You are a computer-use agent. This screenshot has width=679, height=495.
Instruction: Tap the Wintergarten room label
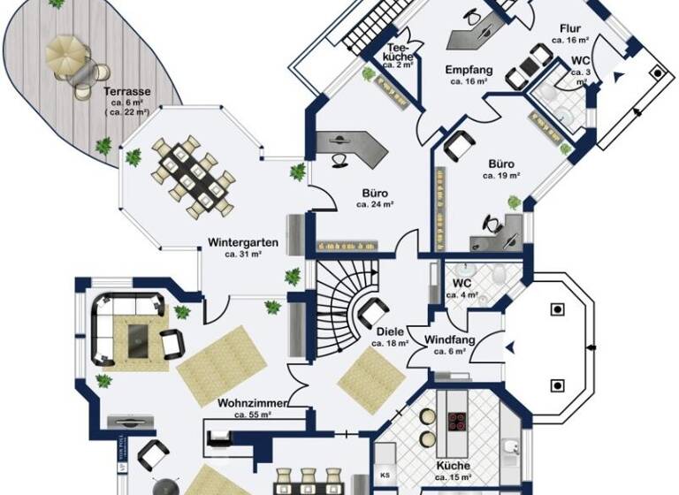[x=244, y=241]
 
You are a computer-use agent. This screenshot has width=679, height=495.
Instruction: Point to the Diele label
[x=388, y=332]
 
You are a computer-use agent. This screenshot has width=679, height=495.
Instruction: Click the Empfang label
[x=469, y=69]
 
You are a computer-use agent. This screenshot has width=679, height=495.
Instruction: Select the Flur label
[x=570, y=28]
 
